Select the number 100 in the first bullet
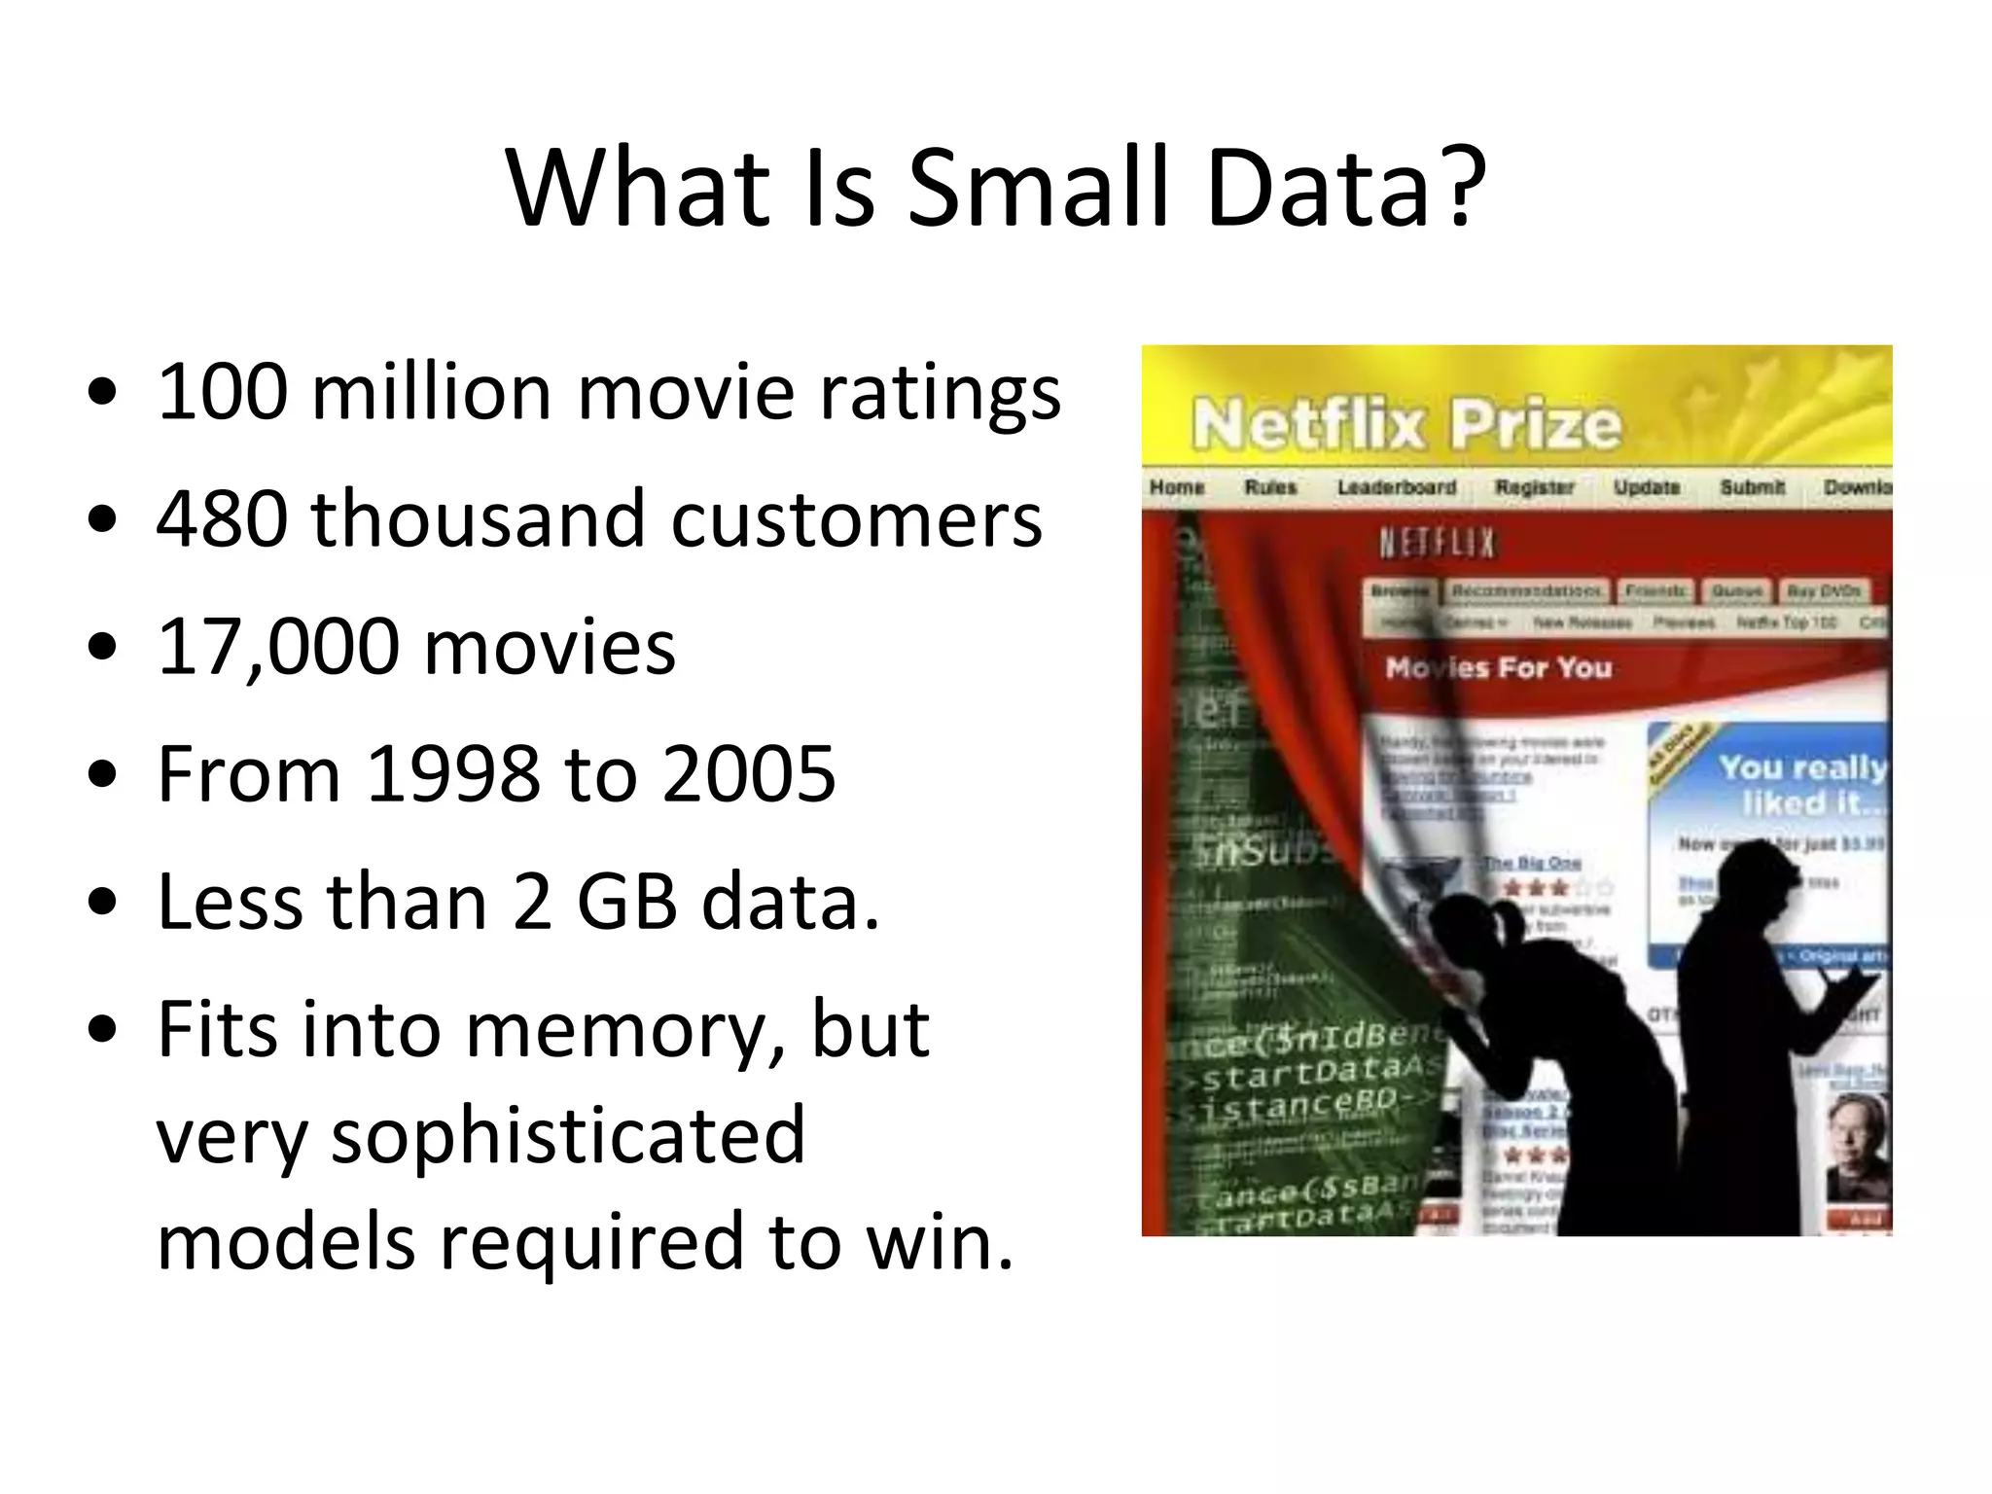(x=223, y=392)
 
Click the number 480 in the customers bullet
(x=223, y=519)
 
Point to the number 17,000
(x=278, y=647)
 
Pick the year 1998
(x=453, y=774)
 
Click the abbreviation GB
(x=626, y=902)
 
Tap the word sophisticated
(x=480, y=1135)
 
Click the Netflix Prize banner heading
(x=1406, y=425)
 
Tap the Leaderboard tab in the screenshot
(x=1397, y=486)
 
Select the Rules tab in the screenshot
(x=1270, y=486)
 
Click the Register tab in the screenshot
(x=1534, y=486)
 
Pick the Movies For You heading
(x=1498, y=668)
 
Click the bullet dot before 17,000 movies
(x=102, y=647)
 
